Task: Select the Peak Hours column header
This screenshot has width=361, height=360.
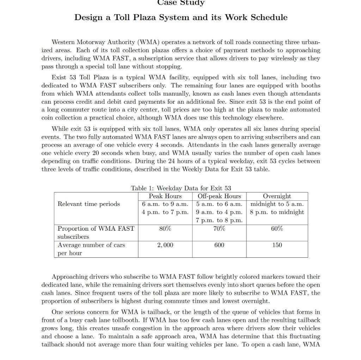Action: click(165, 196)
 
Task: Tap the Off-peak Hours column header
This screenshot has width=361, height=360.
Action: click(219, 196)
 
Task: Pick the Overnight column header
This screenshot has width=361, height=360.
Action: click(277, 196)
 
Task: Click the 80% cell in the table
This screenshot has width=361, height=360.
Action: click(165, 228)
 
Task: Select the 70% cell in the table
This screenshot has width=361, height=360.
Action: click(219, 228)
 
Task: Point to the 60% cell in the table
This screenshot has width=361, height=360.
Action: click(277, 228)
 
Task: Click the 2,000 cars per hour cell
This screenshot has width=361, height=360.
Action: click(165, 245)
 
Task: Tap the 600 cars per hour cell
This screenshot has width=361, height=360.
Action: click(219, 245)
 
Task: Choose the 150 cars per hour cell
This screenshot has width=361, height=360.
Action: click(277, 245)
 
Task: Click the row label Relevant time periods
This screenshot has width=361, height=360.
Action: click(88, 204)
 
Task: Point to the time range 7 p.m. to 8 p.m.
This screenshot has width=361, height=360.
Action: click(219, 220)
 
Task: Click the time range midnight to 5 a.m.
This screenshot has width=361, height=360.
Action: click(277, 204)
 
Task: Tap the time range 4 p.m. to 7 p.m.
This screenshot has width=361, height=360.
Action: click(165, 212)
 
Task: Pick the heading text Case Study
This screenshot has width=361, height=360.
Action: click(180, 3)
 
